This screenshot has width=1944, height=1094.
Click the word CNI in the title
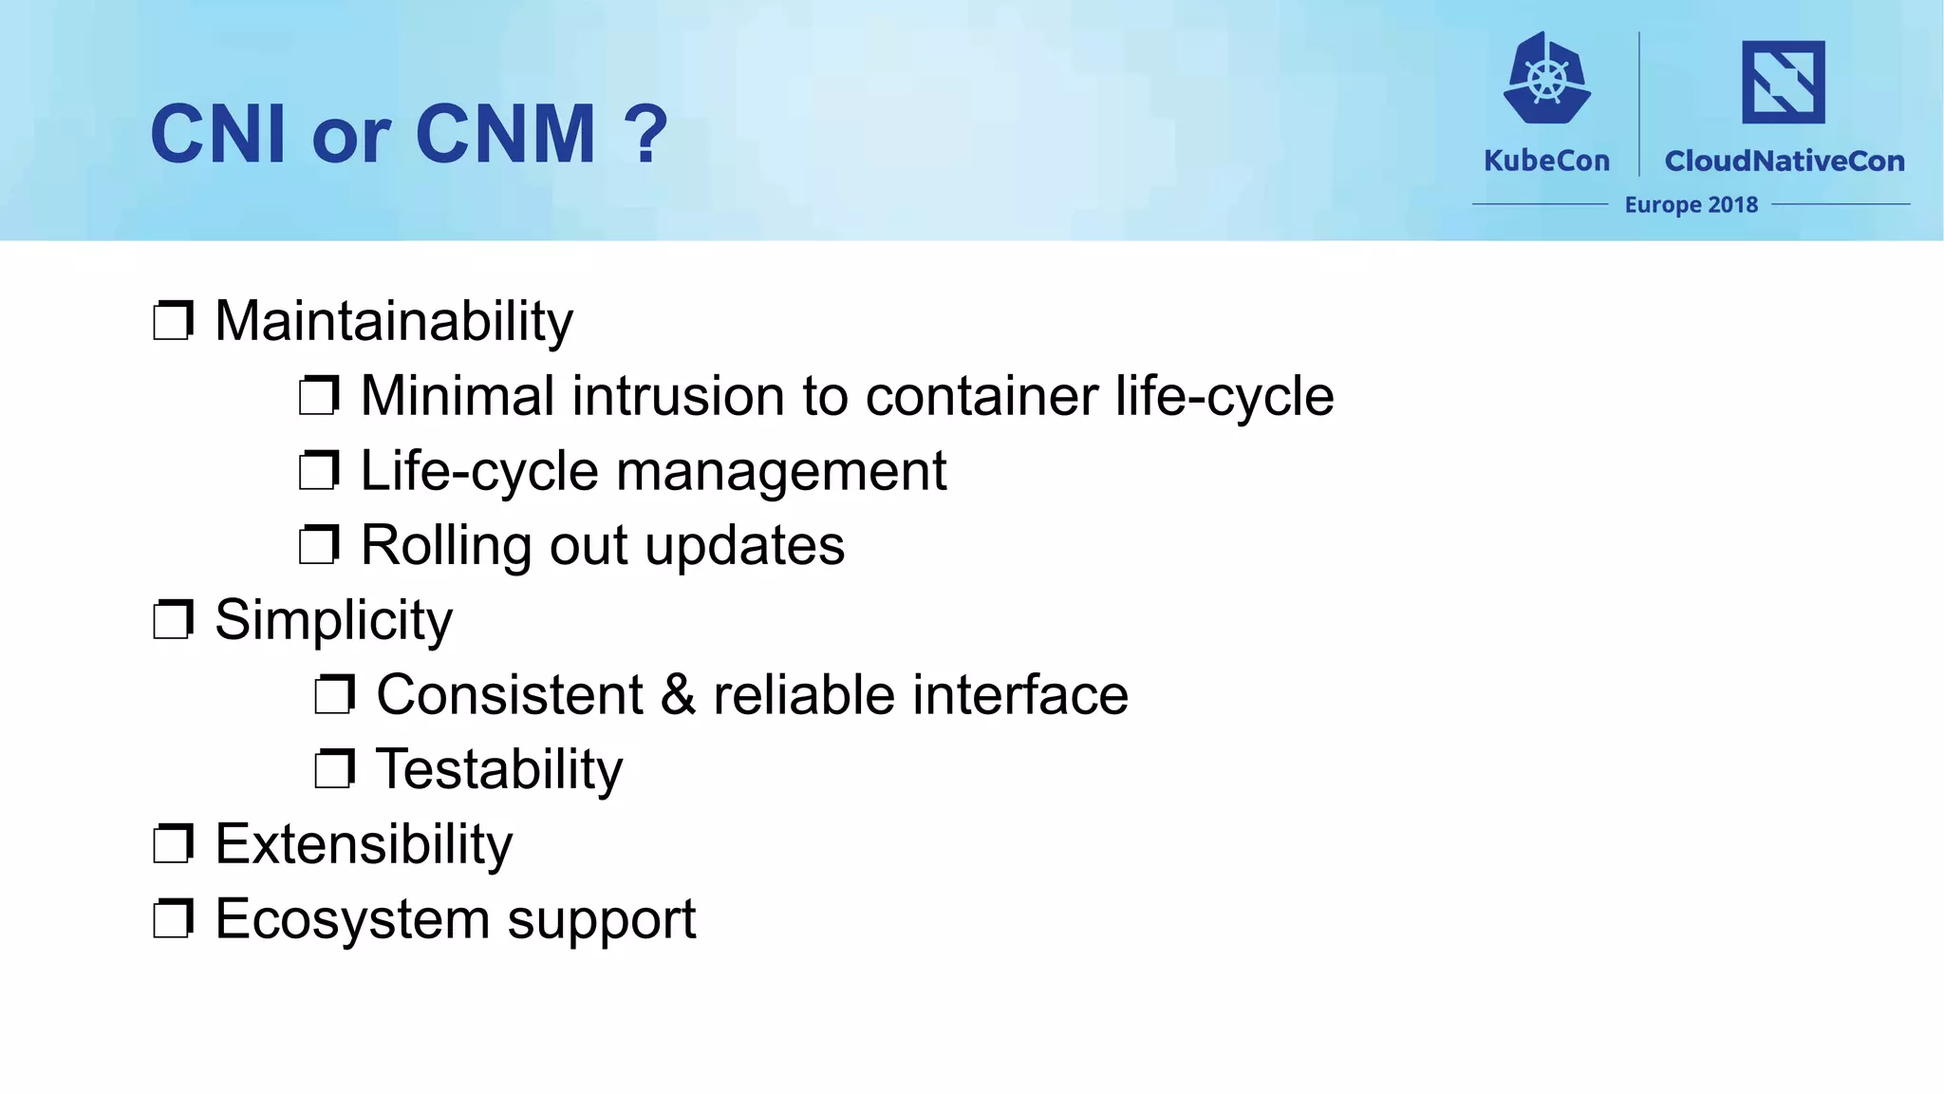pos(217,134)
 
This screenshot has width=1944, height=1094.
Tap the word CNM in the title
pos(505,134)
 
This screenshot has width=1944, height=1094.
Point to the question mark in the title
pos(646,134)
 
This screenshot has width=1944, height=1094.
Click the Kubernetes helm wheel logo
pos(1547,79)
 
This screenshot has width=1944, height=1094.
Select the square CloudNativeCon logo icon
pos(1783,82)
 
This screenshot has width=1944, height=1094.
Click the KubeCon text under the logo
pos(1546,160)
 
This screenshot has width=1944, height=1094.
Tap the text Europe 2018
pos(1691,204)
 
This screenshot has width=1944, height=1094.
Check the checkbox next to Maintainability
pos(173,321)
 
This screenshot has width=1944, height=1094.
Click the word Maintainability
pos(393,321)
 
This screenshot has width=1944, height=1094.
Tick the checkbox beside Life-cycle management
pos(319,471)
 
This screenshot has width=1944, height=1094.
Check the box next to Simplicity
pos(173,620)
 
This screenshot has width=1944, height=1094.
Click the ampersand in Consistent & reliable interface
pos(678,695)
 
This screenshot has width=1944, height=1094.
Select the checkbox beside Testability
pos(334,769)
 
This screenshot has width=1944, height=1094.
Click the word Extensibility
pos(364,844)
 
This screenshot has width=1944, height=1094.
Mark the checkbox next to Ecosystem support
pos(173,919)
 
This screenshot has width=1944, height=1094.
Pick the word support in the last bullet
pos(601,919)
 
